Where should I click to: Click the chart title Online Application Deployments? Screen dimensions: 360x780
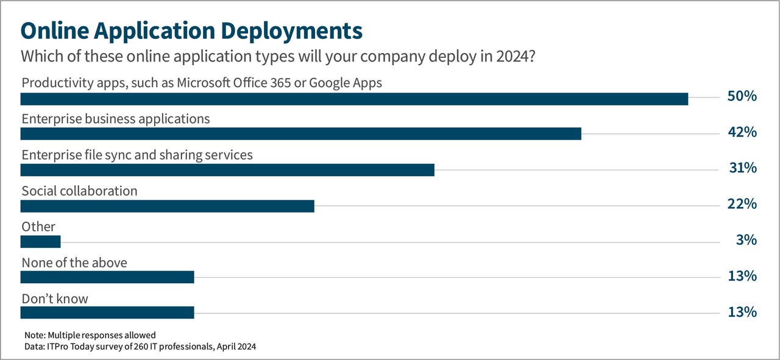click(x=192, y=30)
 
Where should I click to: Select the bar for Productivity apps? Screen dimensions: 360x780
click(x=354, y=99)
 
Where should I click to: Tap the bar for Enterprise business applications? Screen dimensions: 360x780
click(x=300, y=134)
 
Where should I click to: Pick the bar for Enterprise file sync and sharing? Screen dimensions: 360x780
click(x=227, y=169)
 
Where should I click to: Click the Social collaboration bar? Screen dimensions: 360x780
click(x=167, y=206)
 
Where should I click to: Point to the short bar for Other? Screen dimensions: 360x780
click(x=40, y=242)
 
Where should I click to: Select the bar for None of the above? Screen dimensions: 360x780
click(x=107, y=277)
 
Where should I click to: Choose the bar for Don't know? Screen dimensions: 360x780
click(x=107, y=312)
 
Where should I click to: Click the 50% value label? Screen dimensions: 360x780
click(x=742, y=96)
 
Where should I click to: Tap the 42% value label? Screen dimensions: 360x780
click(x=742, y=132)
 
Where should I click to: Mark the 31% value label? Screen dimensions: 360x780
click(x=742, y=168)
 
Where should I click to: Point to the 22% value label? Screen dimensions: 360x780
click(x=742, y=204)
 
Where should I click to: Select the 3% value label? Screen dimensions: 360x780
click(x=746, y=240)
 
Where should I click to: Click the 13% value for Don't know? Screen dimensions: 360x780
click(x=742, y=312)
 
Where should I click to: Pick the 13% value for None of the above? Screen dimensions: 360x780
click(x=742, y=276)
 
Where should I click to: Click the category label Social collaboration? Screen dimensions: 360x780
click(x=79, y=191)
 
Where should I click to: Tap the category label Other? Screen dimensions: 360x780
click(x=38, y=227)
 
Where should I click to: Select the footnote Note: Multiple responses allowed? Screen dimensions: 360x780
click(x=90, y=335)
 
